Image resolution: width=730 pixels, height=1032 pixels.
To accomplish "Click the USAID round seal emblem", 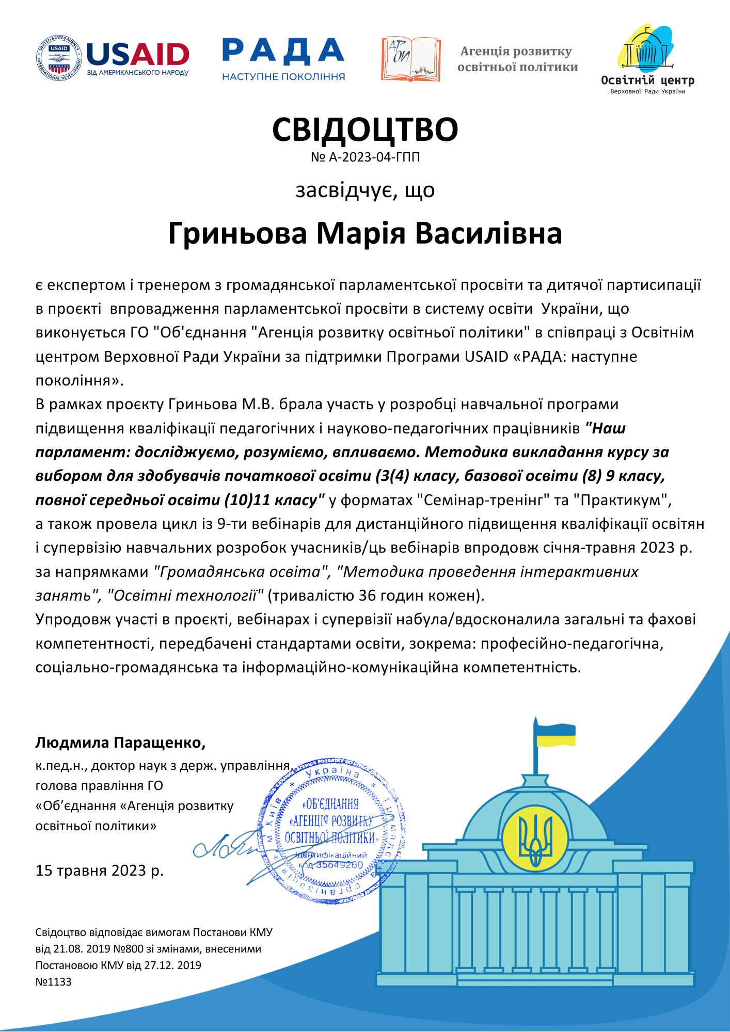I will tap(59, 58).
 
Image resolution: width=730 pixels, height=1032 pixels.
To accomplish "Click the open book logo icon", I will tap(411, 59).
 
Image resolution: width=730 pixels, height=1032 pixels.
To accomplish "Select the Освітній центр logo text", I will tap(647, 80).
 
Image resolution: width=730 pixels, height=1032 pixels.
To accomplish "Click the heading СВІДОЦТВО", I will tap(365, 130).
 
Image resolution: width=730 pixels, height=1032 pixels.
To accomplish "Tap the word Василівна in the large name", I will tap(488, 233).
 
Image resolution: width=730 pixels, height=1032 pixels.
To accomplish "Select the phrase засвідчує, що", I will tap(365, 190).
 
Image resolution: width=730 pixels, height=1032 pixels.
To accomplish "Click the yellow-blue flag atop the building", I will tap(555, 735).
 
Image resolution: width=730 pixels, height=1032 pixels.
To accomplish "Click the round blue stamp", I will tap(332, 830).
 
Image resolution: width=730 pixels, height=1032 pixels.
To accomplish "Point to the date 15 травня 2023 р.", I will tap(99, 870).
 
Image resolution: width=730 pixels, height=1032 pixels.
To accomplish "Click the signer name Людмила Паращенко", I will tap(120, 743).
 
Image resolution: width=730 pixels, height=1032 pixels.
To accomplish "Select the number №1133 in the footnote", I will tap(54, 981).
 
